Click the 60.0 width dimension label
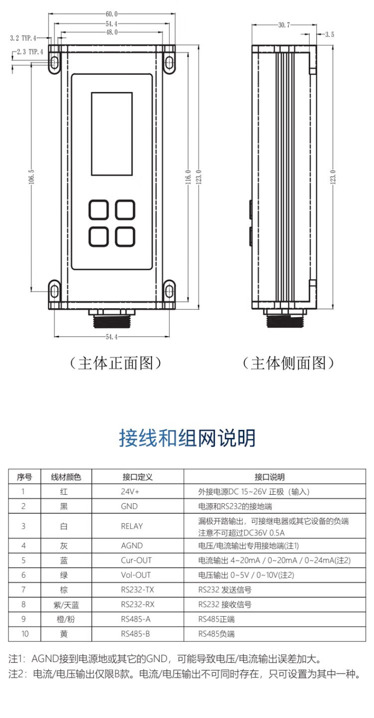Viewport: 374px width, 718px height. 111,13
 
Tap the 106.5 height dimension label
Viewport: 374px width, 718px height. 31,177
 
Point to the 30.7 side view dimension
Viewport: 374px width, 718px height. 283,24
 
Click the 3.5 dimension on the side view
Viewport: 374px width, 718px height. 329,34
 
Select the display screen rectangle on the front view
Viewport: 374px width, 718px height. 112,134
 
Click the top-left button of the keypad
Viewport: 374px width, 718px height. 99,210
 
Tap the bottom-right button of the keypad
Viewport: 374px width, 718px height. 125,236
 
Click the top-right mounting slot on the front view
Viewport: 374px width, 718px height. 170,62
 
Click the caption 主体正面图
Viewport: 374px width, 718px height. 116,363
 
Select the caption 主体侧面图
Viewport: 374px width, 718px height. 288,363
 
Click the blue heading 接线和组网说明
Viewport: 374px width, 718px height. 187,438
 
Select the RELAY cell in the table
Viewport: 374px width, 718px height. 132,526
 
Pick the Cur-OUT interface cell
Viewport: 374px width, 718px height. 136,560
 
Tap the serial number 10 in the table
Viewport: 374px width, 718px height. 23,634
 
